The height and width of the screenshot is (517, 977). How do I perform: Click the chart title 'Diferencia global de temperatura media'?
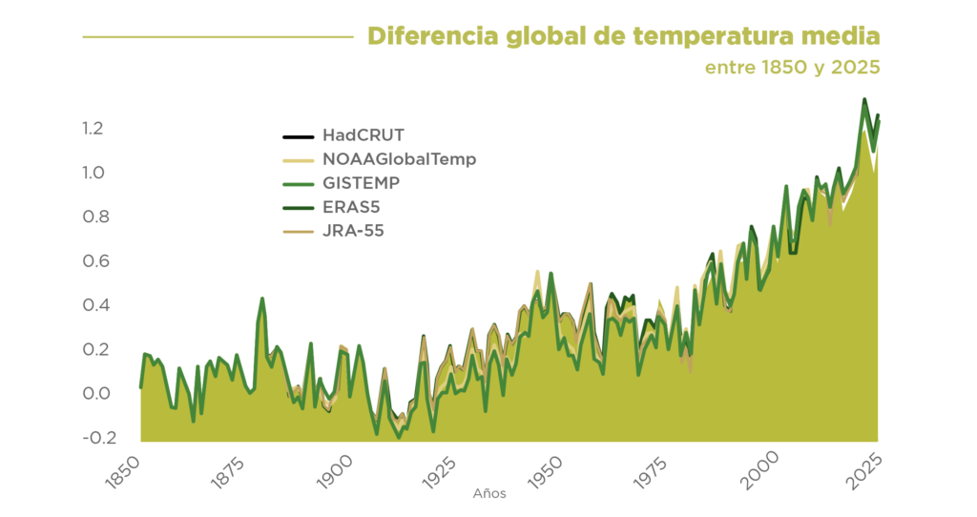point(624,37)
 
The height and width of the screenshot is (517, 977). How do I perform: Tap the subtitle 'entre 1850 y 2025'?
point(793,68)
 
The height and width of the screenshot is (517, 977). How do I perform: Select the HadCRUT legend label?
point(364,135)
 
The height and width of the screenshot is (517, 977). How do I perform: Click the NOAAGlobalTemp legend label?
point(400,159)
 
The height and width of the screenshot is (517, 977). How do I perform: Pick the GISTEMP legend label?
point(361,183)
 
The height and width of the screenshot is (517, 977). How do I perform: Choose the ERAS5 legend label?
point(351,207)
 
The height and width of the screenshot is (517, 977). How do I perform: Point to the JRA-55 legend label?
point(353,231)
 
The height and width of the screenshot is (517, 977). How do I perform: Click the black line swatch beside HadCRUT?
point(299,136)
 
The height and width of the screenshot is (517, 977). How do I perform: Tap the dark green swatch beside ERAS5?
point(299,208)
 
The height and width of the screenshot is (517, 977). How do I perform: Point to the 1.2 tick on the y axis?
point(93,129)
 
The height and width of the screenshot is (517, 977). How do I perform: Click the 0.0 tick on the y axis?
point(96,393)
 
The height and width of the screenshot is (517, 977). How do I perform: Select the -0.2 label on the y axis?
point(99,437)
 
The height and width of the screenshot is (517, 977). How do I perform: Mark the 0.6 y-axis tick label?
point(96,260)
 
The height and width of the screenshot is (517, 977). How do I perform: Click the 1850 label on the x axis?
point(122,471)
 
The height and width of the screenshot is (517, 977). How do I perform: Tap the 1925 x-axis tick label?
point(439,471)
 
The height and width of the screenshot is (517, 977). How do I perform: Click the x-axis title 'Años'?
point(489,494)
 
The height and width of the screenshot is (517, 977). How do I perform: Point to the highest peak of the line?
point(864,99)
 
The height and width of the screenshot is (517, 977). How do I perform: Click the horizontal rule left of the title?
point(218,37)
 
